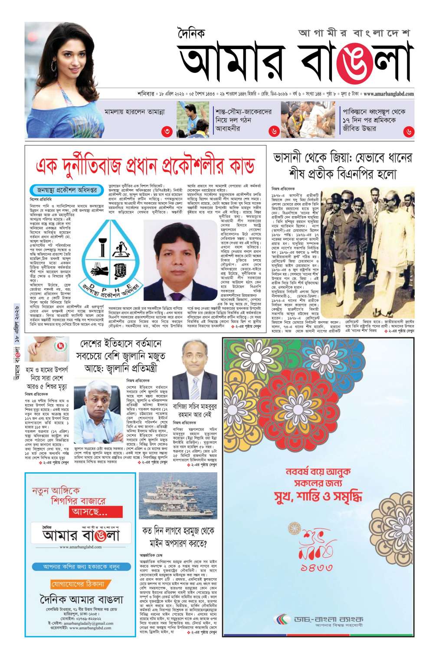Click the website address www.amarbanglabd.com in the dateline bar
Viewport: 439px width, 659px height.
click(x=388, y=94)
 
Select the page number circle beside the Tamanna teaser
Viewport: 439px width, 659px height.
click(x=166, y=131)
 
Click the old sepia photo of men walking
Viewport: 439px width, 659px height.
click(x=367, y=254)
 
